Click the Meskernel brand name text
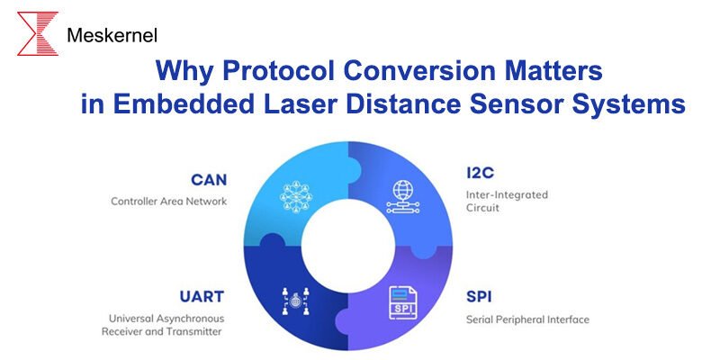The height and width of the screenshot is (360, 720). coord(112,36)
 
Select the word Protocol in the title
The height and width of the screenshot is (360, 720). coord(289,70)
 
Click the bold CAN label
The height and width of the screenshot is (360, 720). coord(208,179)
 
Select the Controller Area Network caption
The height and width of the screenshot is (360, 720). coord(169,201)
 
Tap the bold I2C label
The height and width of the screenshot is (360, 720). coord(481,173)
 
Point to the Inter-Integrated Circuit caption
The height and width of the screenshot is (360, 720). coord(507,201)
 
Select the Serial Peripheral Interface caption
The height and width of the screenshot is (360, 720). coord(527,319)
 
